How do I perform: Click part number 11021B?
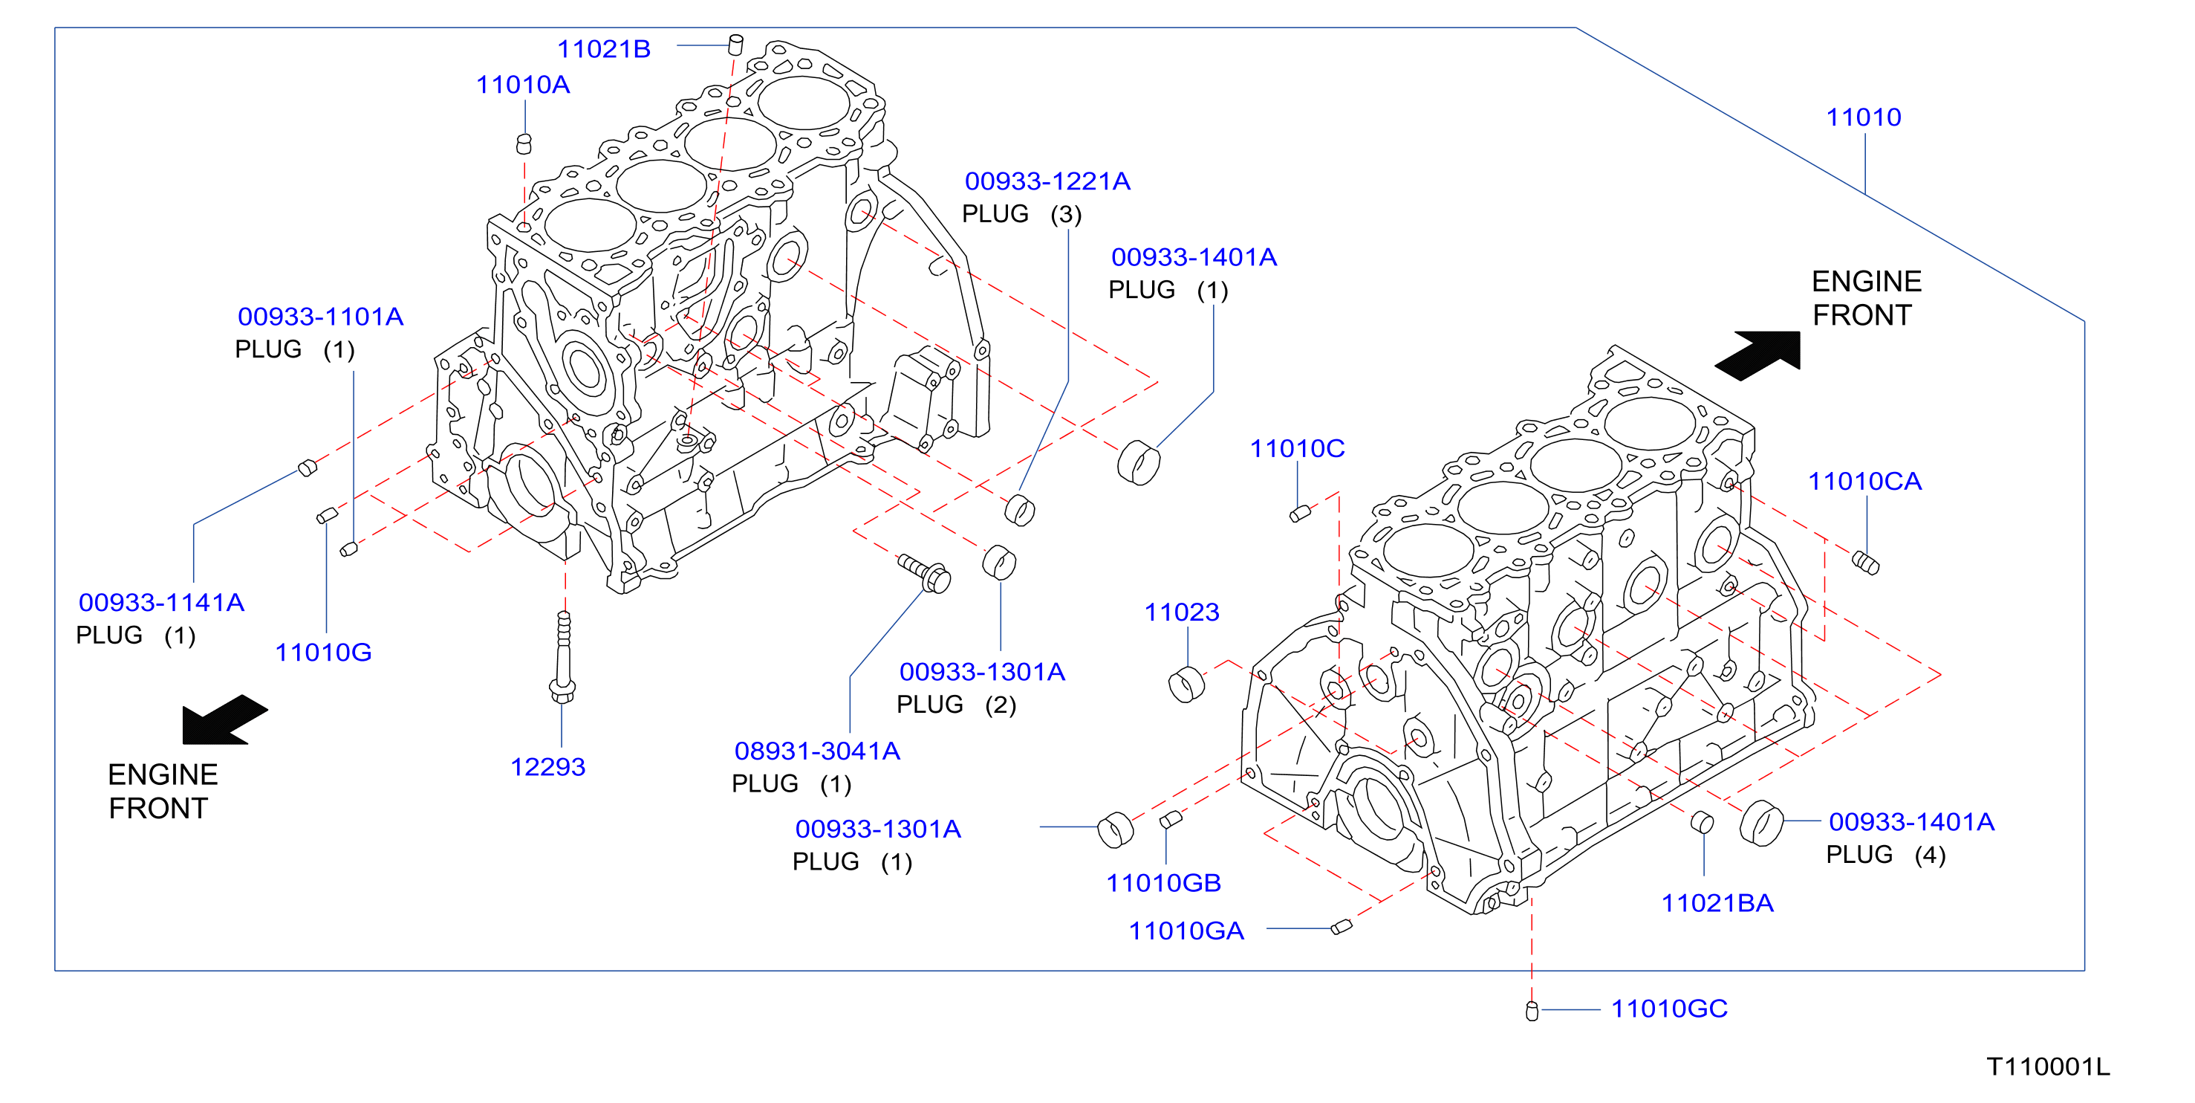click(x=603, y=50)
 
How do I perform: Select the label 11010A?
click(x=522, y=85)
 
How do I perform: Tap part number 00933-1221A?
click(x=1047, y=181)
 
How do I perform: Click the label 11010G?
click(x=323, y=652)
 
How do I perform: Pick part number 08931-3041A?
click(x=817, y=751)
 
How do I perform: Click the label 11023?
click(x=1181, y=612)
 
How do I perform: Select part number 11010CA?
click(x=1864, y=482)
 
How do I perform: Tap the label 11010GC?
click(x=1668, y=1009)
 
